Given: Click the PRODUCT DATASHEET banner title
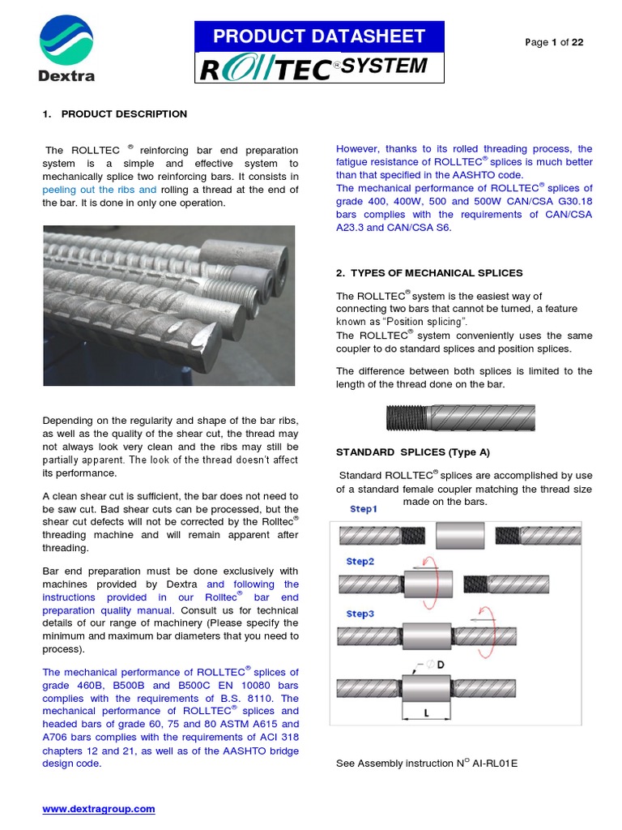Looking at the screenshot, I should pyautogui.click(x=318, y=36).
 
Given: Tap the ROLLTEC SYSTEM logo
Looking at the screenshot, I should pyautogui.click(x=318, y=68).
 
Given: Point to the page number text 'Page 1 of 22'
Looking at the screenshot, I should pyautogui.click(x=554, y=43).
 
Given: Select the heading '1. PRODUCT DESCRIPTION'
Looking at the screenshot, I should pyautogui.click(x=114, y=114).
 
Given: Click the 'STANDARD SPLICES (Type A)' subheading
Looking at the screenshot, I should pyautogui.click(x=413, y=451).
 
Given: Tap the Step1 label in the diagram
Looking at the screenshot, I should pyautogui.click(x=364, y=509).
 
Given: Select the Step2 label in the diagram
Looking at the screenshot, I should pyautogui.click(x=360, y=561).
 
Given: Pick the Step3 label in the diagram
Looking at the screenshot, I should pyautogui.click(x=360, y=614).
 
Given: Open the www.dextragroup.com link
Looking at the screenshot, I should pyautogui.click(x=98, y=809).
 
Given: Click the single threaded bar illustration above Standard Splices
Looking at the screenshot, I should pyautogui.click(x=458, y=419).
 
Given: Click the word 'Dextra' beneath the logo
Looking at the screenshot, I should pyautogui.click(x=66, y=77).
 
